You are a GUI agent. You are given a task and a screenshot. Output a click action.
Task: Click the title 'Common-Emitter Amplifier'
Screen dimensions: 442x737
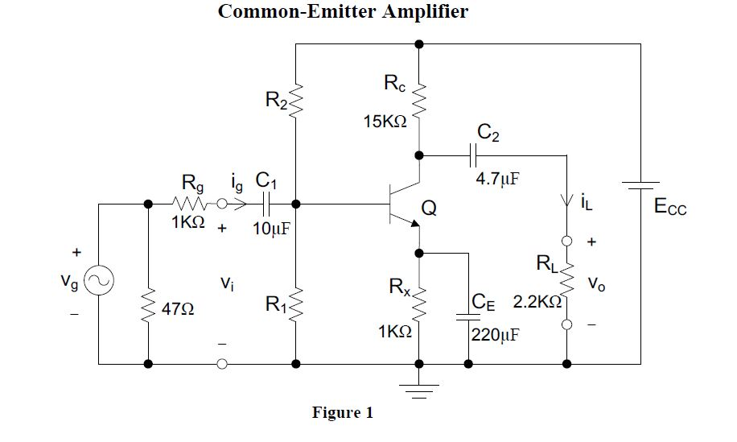coord(343,13)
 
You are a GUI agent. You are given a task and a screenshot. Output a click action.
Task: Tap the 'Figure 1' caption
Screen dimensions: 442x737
coord(343,413)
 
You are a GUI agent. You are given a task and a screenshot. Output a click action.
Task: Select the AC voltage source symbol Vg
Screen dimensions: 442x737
coord(98,281)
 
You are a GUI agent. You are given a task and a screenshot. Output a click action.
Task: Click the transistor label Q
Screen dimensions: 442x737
coord(430,209)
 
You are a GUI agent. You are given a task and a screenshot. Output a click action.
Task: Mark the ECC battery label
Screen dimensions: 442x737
coord(670,209)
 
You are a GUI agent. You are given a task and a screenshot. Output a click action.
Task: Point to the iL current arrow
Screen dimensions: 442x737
coord(567,202)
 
